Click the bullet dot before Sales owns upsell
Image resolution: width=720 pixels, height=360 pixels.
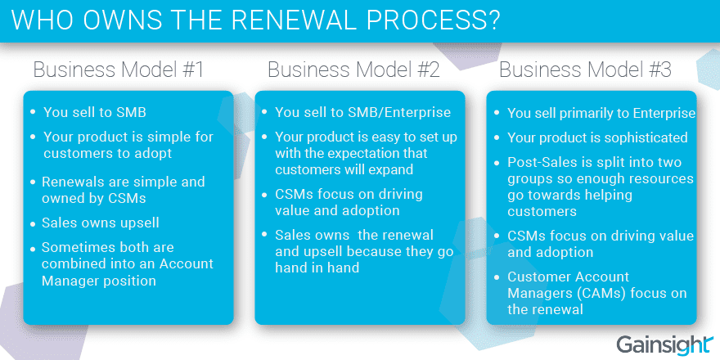tap(33, 224)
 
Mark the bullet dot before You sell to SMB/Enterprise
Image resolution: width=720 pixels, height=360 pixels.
tap(264, 113)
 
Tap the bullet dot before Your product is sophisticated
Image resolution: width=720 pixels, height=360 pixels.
tap(497, 138)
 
